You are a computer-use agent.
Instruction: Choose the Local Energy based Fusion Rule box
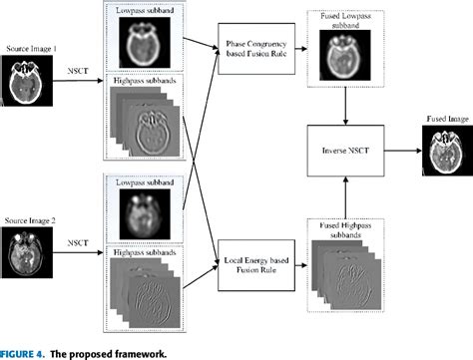(x=254, y=265)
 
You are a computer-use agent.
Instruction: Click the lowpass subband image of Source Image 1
(x=142, y=43)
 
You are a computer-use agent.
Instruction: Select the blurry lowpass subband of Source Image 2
(x=142, y=210)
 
